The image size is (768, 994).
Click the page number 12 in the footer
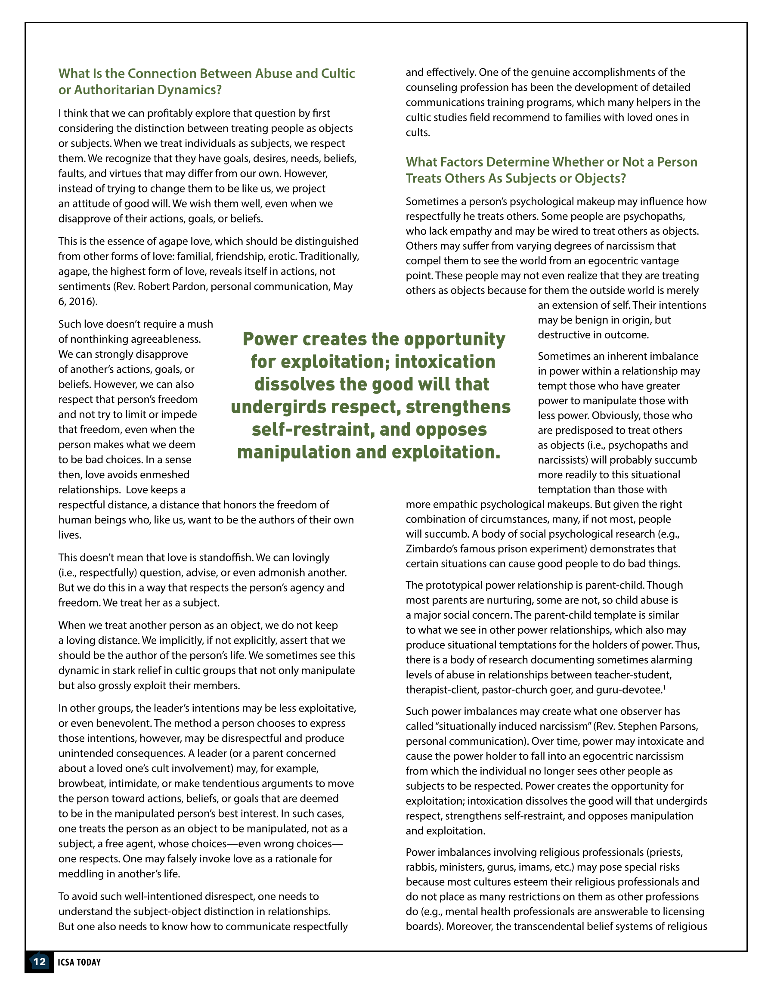(x=39, y=961)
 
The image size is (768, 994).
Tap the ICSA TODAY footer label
(x=79, y=962)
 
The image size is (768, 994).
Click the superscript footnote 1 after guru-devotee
(x=664, y=687)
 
